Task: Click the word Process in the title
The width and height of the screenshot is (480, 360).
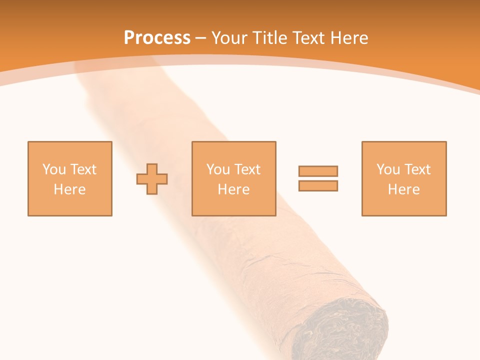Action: coord(157,38)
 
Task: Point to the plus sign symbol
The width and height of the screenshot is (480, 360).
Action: coord(152,178)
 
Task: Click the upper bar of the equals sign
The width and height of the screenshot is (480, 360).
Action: coord(318,171)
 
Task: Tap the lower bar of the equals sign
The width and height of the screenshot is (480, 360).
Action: coord(318,185)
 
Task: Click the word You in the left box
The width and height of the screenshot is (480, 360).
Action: coord(54,169)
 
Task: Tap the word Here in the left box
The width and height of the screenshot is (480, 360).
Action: coord(70,189)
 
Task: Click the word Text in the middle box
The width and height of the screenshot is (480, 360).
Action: coord(247,169)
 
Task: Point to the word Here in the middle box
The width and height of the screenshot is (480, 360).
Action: coord(234,189)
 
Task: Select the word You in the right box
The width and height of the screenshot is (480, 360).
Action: coord(388,169)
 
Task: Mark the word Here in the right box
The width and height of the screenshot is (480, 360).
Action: coord(404,189)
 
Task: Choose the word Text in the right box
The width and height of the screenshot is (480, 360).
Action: coord(417,169)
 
